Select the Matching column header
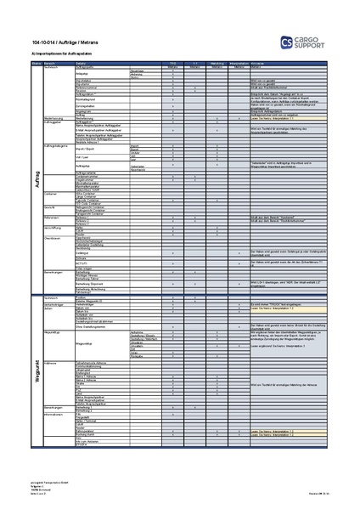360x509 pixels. click(217, 63)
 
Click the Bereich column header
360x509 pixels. click(49, 63)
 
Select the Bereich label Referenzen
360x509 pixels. click(51, 218)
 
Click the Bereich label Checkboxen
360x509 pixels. click(52, 239)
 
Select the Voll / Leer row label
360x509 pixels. click(84, 157)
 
